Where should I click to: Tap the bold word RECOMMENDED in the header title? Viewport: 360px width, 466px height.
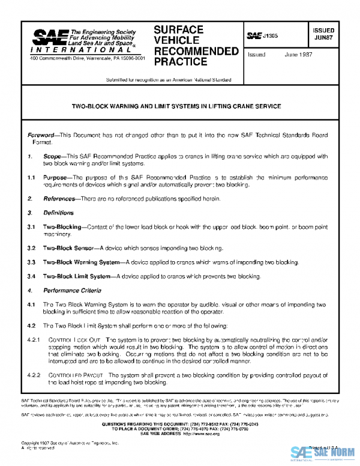(196, 51)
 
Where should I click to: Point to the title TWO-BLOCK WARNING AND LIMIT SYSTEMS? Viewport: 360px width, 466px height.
(176, 106)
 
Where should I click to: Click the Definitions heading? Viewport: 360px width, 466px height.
(58, 213)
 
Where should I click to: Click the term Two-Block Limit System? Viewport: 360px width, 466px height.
(77, 276)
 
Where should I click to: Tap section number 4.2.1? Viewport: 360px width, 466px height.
(35, 340)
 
